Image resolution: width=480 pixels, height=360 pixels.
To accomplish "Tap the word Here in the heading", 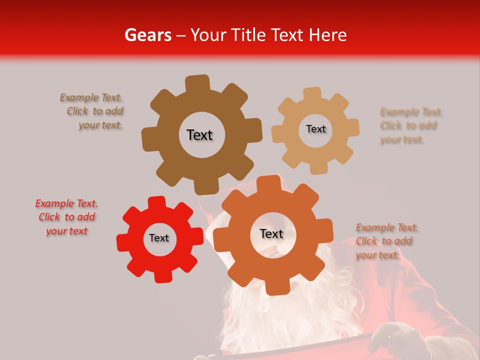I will pyautogui.click(x=328, y=35).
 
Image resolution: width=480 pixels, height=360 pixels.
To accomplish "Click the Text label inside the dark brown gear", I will pyautogui.click(x=199, y=135).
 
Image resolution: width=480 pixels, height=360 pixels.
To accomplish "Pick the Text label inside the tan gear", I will pyautogui.click(x=315, y=129).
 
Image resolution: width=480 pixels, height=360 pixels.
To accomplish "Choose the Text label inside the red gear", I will pyautogui.click(x=159, y=238).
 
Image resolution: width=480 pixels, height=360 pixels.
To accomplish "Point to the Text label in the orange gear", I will pyautogui.click(x=271, y=233).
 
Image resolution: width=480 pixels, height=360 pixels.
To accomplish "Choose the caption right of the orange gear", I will pyautogui.click(x=386, y=241).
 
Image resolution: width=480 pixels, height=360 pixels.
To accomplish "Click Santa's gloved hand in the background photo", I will pyautogui.click(x=395, y=340).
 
